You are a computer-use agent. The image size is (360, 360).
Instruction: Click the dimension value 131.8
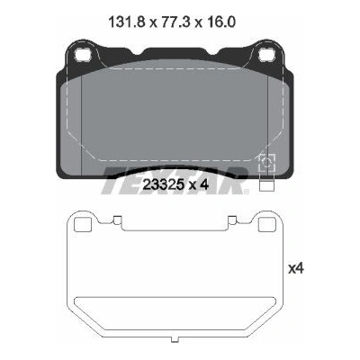(x=126, y=22)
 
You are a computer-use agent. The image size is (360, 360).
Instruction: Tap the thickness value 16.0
(x=222, y=22)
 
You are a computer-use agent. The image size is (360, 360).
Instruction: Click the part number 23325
(x=163, y=184)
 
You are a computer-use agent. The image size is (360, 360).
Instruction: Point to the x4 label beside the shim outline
(x=296, y=269)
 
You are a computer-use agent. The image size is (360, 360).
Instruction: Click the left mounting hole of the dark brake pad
(x=83, y=55)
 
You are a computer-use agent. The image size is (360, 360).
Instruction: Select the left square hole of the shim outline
(x=82, y=224)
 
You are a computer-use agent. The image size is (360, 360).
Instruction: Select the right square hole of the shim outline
(x=267, y=224)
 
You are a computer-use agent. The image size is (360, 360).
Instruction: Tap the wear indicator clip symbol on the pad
(x=267, y=163)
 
